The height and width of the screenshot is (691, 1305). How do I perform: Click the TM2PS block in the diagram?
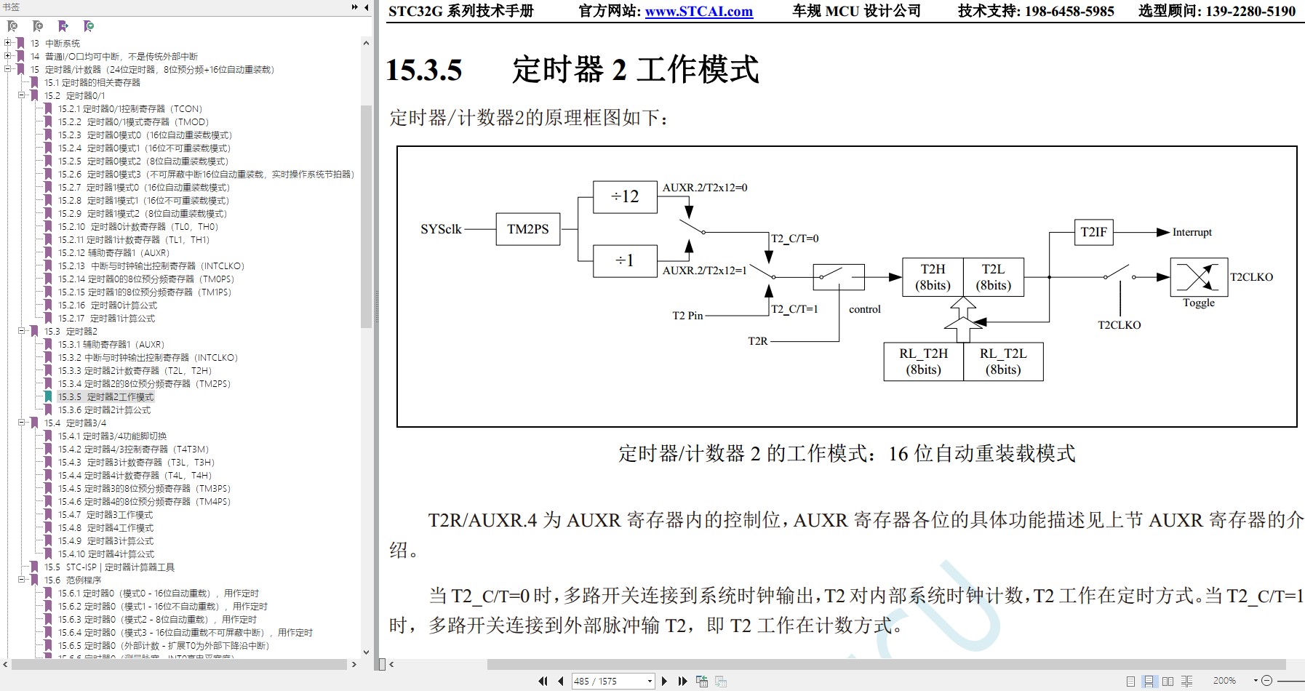[x=527, y=229]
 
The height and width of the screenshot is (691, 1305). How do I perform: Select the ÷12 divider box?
[x=625, y=196]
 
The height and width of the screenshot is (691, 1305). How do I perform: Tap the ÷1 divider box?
[x=625, y=260]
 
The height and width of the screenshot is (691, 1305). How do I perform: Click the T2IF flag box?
[x=1093, y=232]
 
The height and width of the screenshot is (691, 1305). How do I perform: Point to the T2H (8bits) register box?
[x=933, y=277]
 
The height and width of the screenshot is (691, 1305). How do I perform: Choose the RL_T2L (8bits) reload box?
[x=1003, y=362]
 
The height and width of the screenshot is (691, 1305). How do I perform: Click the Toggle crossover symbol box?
[x=1198, y=277]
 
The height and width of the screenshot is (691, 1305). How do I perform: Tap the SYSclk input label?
[x=441, y=229]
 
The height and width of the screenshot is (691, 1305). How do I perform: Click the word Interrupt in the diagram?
[x=1192, y=232]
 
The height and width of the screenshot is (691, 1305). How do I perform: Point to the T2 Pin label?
[x=687, y=316]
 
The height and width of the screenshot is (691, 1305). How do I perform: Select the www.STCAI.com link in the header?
[x=698, y=12]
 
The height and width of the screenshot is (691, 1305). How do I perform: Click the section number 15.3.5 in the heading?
[x=424, y=71]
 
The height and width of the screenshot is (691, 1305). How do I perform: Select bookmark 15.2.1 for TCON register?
[x=130, y=109]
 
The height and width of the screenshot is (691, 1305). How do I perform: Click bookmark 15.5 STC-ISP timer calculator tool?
[x=109, y=567]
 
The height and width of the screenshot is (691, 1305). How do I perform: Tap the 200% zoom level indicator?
[x=1224, y=681]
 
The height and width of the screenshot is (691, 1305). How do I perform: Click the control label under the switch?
[x=864, y=309]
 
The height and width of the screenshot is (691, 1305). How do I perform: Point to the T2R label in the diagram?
[x=757, y=341]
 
